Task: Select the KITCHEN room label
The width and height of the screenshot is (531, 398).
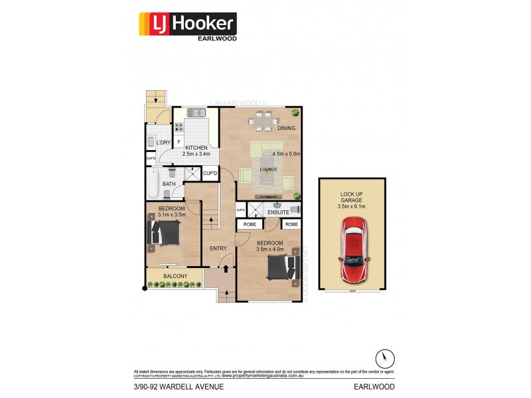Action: click(196, 147)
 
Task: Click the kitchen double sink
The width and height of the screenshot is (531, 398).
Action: click(196, 113)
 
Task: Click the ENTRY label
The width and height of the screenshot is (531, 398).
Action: click(218, 249)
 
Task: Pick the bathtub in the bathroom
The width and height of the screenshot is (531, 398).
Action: click(152, 185)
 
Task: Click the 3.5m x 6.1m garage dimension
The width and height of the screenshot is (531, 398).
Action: click(352, 206)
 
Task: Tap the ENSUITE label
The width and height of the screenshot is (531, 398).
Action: click(279, 213)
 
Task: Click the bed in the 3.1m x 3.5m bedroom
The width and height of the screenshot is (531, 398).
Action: click(166, 233)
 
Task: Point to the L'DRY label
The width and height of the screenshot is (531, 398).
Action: click(163, 143)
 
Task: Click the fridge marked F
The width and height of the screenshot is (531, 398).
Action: click(179, 142)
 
